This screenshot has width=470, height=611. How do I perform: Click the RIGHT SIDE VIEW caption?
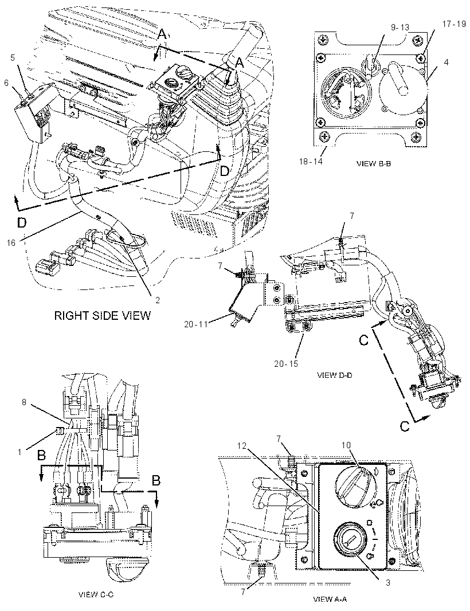(102, 315)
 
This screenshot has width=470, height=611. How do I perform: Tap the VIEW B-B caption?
(374, 164)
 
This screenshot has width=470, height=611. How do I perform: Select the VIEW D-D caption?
(335, 375)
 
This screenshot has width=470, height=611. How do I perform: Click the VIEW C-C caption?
(96, 594)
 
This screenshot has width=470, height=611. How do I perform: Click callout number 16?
(11, 243)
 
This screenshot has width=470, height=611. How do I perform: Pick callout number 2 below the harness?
(158, 300)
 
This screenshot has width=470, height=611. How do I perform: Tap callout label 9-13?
(400, 28)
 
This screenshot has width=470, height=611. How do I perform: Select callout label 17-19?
(454, 23)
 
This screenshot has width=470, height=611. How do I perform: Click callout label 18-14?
(311, 161)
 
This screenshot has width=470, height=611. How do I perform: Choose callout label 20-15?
(285, 363)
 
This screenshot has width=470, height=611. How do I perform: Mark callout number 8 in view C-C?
(24, 402)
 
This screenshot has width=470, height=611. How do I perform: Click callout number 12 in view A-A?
(242, 446)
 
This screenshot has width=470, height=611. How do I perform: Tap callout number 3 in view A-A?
(388, 583)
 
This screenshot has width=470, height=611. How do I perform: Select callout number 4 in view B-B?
(446, 62)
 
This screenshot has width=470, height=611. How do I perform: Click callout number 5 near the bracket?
(13, 58)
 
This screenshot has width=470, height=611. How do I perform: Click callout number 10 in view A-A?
(346, 445)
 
